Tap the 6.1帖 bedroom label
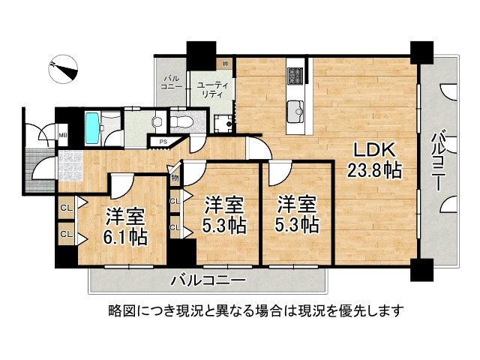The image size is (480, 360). pos(125,228)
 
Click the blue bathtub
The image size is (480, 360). pos(91,128)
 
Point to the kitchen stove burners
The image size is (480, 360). pos(295,75)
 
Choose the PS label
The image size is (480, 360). pos(162,141)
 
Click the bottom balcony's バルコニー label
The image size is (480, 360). pos(207,280)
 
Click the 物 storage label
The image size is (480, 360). pos(174,178)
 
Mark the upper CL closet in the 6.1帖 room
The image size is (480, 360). pos(66,208)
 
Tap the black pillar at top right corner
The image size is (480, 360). pos(421,51)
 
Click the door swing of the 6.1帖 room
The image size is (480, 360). pos(120,184)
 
